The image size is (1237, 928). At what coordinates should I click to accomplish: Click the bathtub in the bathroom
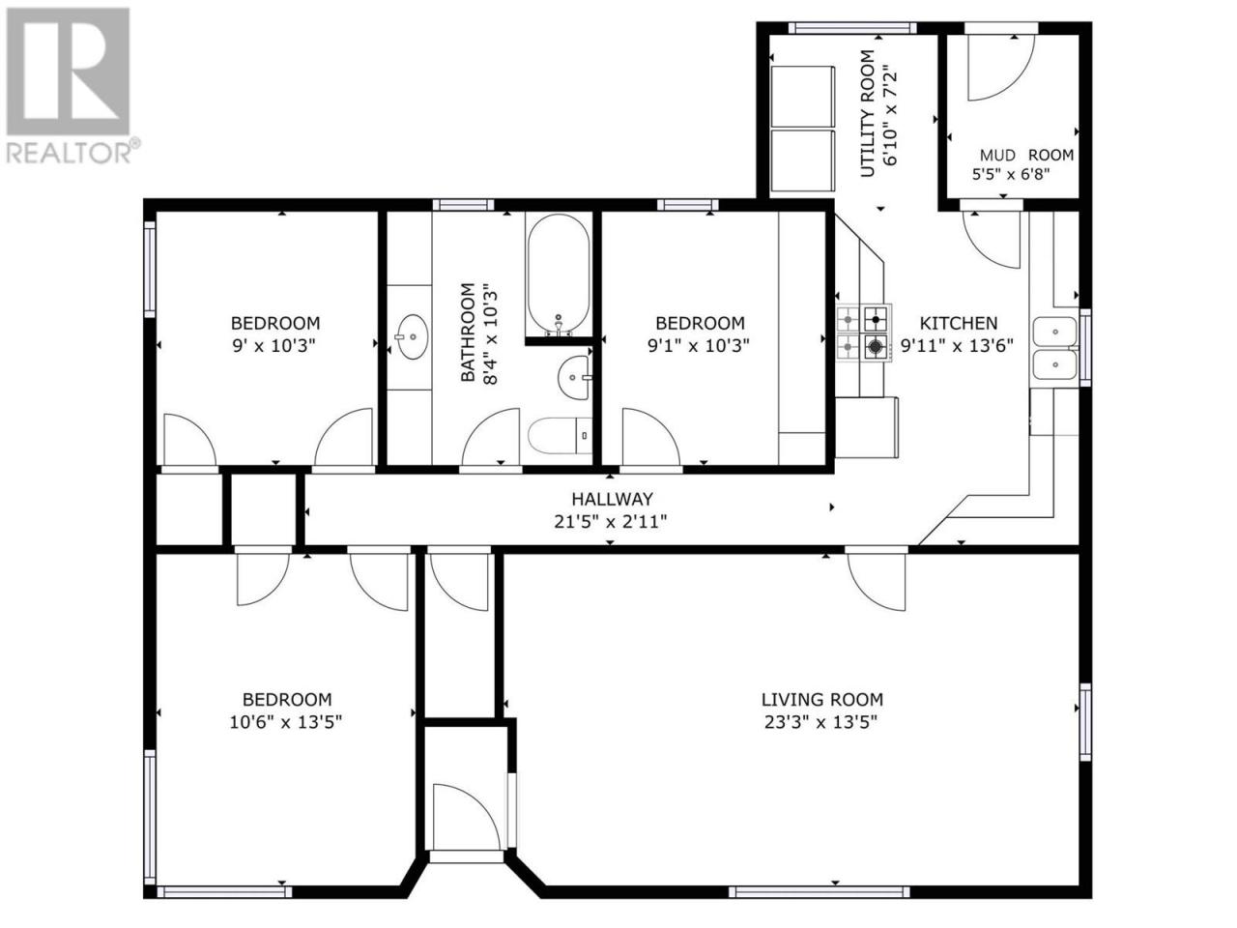click(558, 275)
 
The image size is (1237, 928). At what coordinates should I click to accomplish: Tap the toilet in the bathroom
click(560, 435)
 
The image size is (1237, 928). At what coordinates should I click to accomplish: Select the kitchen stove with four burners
click(863, 333)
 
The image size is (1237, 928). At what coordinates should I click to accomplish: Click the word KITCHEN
click(958, 323)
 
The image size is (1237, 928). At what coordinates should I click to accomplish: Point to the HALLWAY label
click(612, 499)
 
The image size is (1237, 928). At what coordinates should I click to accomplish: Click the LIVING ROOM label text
click(821, 700)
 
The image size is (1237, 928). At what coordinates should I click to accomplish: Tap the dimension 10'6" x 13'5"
click(285, 722)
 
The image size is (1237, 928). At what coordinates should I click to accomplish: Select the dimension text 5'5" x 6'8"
click(1011, 174)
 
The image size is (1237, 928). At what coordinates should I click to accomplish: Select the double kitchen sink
click(1054, 348)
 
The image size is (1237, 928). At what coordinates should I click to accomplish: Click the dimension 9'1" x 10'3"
click(699, 345)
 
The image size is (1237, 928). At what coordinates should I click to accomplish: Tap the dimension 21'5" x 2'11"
click(611, 522)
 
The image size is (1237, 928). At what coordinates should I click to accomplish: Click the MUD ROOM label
click(1026, 155)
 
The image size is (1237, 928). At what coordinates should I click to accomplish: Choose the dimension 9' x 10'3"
click(273, 345)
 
